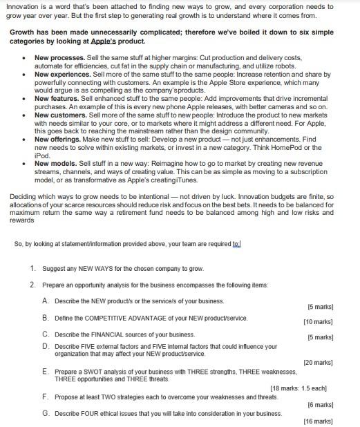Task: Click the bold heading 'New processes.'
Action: [x=59, y=57]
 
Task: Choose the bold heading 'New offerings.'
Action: [x=59, y=139]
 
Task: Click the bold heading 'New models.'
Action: [x=57, y=164]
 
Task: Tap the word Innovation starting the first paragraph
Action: [x=22, y=6]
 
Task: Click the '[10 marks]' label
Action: [x=317, y=322]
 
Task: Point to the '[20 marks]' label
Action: [x=317, y=362]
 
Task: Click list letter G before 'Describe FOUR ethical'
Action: [x=45, y=413]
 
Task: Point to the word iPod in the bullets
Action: [x=42, y=155]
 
